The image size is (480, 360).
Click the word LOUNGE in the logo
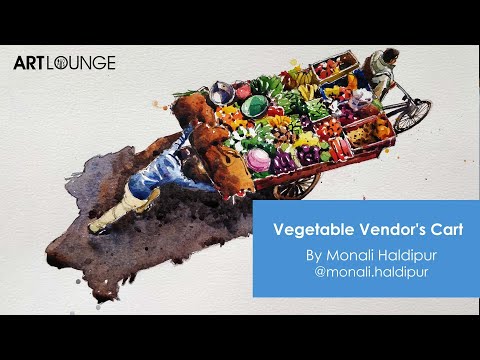pyautogui.click(x=90, y=63)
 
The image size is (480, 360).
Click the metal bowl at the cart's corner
pyautogui.click(x=223, y=94)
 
